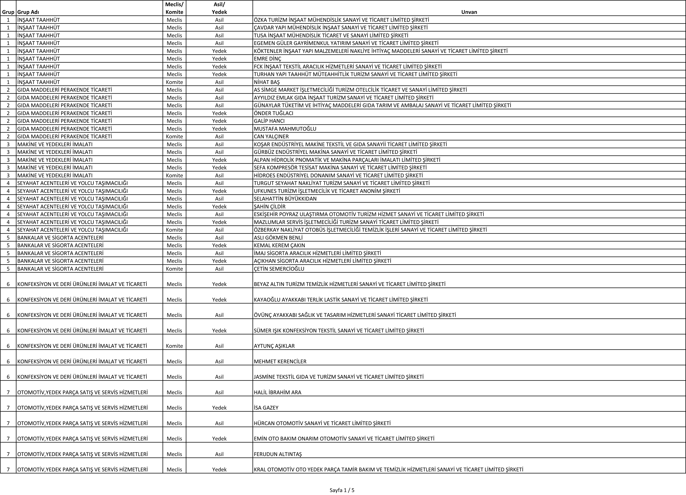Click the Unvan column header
[x=469, y=12]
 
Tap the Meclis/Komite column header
[x=174, y=8]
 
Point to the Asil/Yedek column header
[x=219, y=8]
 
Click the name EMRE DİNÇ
[x=267, y=59]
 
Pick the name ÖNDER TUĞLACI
[x=273, y=113]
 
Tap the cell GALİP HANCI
[x=269, y=121]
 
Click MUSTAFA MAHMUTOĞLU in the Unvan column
[x=285, y=129]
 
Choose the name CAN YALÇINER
[x=271, y=137]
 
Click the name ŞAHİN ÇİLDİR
[x=270, y=206]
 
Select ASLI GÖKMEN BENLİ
[x=278, y=238]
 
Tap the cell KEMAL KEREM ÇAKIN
[x=279, y=245]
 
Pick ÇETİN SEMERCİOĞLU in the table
[x=279, y=269]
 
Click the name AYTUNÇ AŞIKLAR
[x=274, y=346]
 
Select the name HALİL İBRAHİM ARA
[x=277, y=392]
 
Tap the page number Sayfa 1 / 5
[x=342, y=490]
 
